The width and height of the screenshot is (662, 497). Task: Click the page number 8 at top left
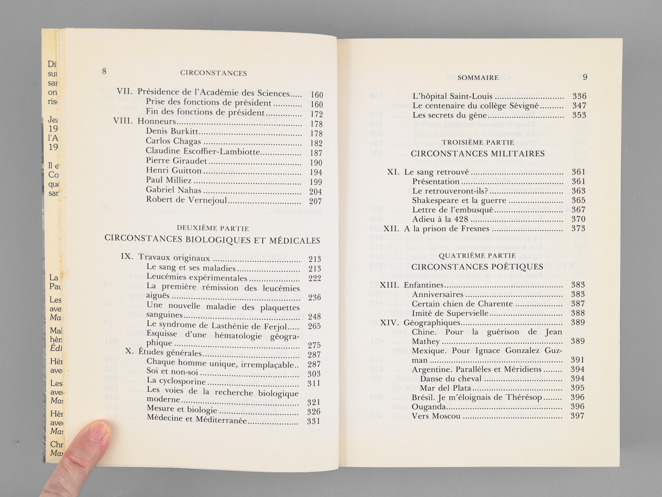pos(104,71)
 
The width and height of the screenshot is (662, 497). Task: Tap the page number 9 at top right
pos(585,77)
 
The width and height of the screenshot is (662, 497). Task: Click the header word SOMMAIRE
pos(478,77)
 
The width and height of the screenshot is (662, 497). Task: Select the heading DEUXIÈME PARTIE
pos(213,228)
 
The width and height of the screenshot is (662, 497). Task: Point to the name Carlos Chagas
pos(173,141)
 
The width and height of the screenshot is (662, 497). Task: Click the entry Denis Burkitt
pos(172,132)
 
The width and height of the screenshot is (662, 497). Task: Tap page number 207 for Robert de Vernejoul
pos(315,202)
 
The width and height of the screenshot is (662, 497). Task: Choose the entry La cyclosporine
pos(176,381)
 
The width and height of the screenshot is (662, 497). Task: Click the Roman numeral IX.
pos(127,257)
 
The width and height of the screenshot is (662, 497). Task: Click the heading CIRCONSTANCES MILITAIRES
pos(477,154)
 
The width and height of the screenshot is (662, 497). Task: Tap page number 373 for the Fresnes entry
pos(578,229)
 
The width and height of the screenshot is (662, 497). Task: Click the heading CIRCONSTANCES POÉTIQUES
pos(477,267)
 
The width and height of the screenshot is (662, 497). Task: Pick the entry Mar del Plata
pos(446,388)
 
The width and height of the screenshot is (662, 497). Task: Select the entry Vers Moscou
pos(436,416)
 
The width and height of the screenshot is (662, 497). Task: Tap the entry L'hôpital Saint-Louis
pos(447,96)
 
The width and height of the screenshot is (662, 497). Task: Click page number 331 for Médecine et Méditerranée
pos(314,422)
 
